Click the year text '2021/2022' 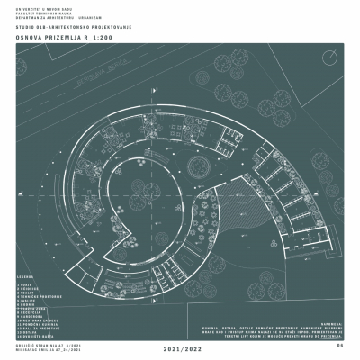click(180, 346)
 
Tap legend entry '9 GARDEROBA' click(29, 315)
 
